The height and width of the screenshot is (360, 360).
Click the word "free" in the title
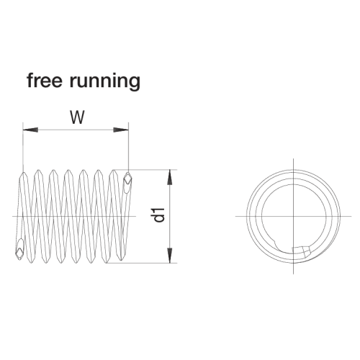tap(45, 81)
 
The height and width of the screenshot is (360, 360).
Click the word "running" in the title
tap(105, 82)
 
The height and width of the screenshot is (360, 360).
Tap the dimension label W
tap(77, 117)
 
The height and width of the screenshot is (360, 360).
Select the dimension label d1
tap(159, 215)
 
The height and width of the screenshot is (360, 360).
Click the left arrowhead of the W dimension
tap(30, 130)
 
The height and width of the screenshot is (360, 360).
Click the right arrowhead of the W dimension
tap(121, 130)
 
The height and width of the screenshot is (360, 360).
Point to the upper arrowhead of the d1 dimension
tap(170, 177)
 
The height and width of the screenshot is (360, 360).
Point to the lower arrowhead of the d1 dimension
tap(170, 256)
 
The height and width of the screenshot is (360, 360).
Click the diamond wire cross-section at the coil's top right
tap(128, 179)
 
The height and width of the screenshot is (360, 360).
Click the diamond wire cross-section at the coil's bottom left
tap(19, 251)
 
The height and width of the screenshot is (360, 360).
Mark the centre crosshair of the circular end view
tap(294, 216)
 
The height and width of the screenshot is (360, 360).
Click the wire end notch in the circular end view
tap(302, 251)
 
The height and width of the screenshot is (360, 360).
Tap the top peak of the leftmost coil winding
tap(24, 172)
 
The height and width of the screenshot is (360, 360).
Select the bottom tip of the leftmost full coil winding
tap(31, 263)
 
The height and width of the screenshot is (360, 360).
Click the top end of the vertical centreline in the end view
tap(294, 158)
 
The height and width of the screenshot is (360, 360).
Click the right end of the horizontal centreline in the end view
tap(351, 216)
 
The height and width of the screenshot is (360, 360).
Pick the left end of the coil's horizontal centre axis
tap(12, 216)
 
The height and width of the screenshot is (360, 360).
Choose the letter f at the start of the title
tap(30, 80)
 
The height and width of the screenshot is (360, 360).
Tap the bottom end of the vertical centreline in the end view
tap(294, 274)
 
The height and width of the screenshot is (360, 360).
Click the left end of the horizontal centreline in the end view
tap(235, 216)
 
